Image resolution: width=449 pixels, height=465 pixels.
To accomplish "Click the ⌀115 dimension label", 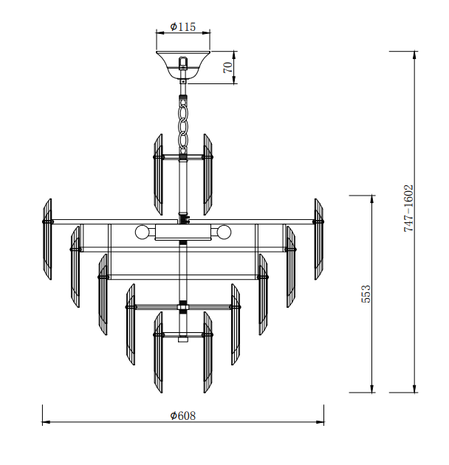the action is tap(183, 27).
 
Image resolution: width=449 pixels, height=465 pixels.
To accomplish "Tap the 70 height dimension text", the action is tap(228, 67).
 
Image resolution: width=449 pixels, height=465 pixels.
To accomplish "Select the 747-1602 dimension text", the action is tap(408, 208).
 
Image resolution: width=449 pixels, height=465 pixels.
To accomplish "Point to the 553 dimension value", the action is tap(366, 294).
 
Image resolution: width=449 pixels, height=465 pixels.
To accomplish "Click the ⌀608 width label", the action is tap(183, 416).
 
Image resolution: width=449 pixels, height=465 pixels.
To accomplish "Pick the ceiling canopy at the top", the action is tap(183, 64).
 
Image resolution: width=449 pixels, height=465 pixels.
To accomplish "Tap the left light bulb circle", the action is tap(142, 232).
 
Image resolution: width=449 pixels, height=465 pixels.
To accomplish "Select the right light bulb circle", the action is tap(224, 232).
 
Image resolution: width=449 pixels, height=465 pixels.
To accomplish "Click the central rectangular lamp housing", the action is tap(183, 232).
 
